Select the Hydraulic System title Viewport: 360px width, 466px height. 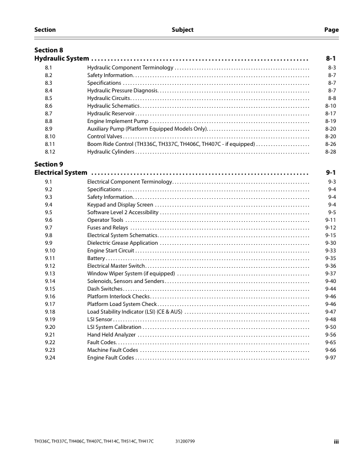point(62,59)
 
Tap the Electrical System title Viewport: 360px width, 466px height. point(61,173)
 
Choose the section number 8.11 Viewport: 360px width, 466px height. point(50,144)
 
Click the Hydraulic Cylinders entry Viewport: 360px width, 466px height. point(111,151)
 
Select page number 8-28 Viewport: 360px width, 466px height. point(331,151)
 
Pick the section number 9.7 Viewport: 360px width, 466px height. point(49,228)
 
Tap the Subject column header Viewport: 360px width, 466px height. point(182,29)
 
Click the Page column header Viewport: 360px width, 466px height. point(332,29)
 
